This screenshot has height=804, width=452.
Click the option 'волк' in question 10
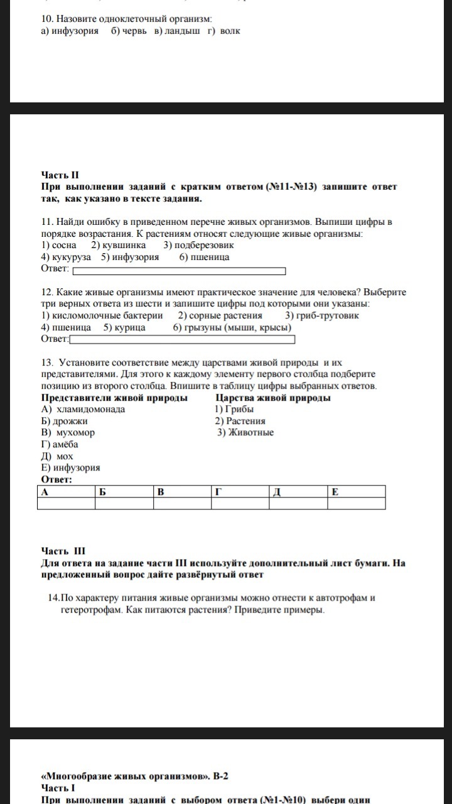point(231,30)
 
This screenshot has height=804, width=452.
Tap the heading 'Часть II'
point(61,175)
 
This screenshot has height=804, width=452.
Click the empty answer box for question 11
point(179,271)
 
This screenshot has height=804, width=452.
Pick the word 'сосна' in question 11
point(64,245)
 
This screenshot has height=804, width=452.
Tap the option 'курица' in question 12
point(129,327)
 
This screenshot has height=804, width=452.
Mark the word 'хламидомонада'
point(90,410)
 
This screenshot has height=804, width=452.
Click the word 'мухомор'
point(75,433)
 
